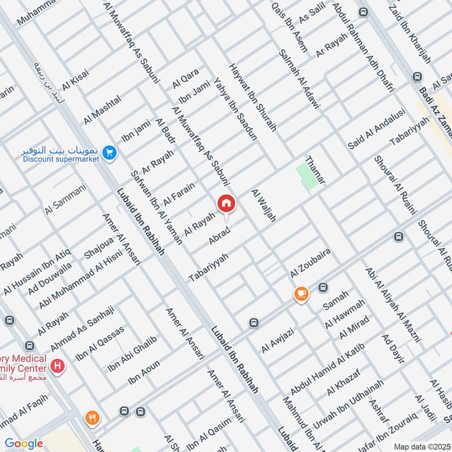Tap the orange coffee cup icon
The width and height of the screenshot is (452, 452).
(301, 294)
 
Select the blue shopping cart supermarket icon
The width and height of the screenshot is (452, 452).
(110, 153)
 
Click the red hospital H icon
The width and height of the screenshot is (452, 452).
(56, 367)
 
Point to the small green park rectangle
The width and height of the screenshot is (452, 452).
(307, 176)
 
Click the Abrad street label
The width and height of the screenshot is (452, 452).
(220, 235)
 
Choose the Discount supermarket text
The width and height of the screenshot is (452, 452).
(61, 159)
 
